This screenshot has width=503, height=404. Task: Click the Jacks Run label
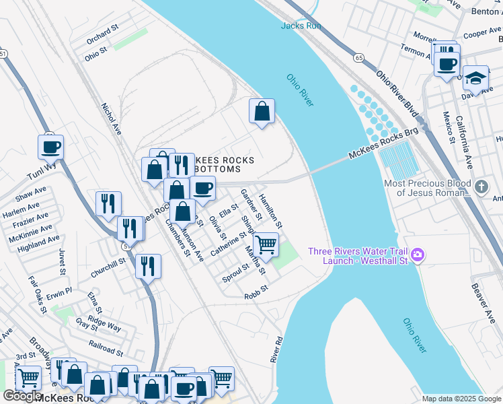301,26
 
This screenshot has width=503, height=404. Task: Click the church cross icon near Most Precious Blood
480,187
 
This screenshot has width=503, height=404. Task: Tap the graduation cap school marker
475,78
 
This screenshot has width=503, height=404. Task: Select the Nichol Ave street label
111,119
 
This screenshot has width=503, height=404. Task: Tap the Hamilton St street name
273,206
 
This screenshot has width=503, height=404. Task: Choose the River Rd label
276,351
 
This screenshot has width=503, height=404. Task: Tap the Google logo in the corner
22,396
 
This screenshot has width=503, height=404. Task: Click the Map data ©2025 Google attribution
461,399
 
